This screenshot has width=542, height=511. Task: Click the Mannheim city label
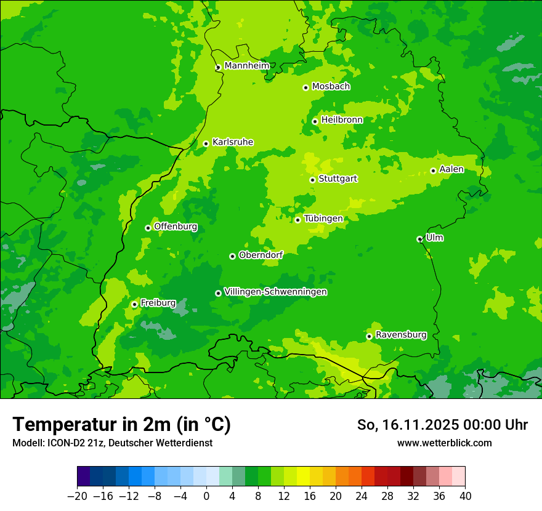[x=246, y=66]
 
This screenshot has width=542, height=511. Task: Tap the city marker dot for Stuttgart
[x=312, y=180]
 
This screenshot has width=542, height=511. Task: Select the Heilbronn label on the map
[x=342, y=120]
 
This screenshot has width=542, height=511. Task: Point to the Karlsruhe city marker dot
[x=206, y=143]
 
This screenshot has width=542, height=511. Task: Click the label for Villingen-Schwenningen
[x=275, y=292]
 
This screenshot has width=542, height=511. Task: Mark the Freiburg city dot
[x=134, y=304]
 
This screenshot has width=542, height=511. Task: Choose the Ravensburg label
[x=401, y=335]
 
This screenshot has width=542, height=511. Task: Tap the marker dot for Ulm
[x=419, y=239]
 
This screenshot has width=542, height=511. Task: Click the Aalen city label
[x=451, y=169]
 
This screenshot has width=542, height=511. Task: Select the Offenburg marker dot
[x=148, y=228]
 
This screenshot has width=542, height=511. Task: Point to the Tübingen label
[x=323, y=219]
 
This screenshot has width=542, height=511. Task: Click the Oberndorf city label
[x=261, y=255]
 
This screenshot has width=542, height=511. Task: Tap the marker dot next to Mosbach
[x=305, y=87]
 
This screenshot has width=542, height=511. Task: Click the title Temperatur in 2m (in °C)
[x=121, y=424]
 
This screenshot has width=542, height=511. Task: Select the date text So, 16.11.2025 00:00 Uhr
[x=442, y=425]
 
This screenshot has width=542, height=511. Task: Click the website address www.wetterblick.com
[x=444, y=443]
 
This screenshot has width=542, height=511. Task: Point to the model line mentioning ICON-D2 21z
[x=112, y=443]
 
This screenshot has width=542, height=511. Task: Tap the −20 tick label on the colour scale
[x=77, y=496]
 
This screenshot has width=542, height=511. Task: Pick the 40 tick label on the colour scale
[x=465, y=496]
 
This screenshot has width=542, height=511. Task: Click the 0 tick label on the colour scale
[x=206, y=496]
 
